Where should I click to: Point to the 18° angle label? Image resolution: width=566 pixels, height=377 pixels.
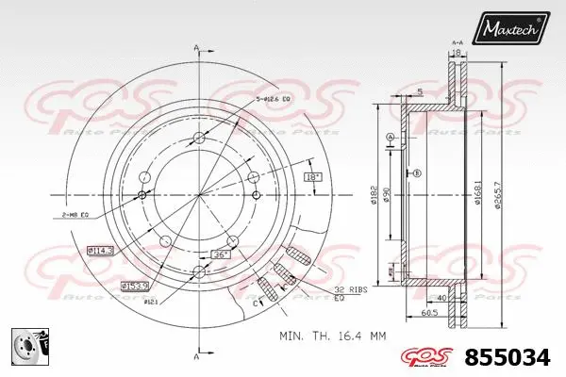(x=312, y=176)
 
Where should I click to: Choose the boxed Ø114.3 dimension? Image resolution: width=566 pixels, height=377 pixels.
(x=101, y=251)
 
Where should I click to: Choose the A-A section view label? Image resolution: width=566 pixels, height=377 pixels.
(x=458, y=42)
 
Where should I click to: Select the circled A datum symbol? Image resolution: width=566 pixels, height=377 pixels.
(x=391, y=139)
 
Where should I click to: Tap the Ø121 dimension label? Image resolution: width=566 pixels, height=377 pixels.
(x=149, y=303)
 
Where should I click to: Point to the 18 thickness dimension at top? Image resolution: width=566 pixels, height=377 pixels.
(x=458, y=54)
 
